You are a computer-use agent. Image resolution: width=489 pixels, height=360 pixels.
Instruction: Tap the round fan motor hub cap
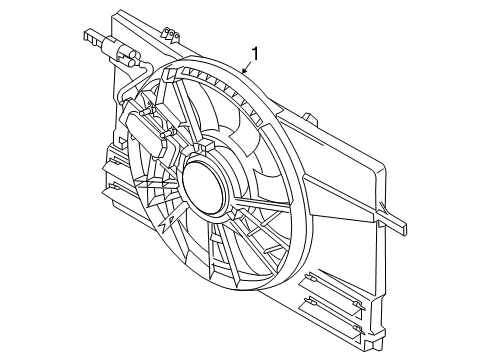(x=207, y=187)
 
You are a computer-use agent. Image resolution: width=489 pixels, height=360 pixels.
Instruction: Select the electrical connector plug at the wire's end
(x=109, y=44)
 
